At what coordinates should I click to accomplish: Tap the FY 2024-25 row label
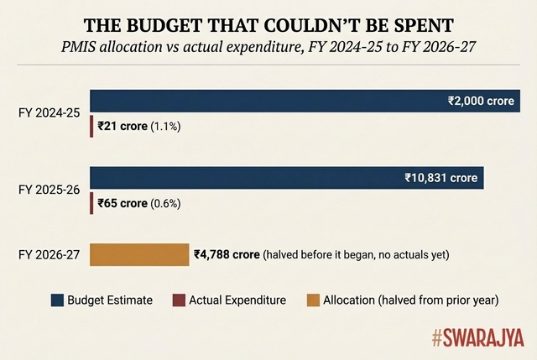(x=50, y=112)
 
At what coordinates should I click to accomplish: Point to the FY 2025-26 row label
(x=50, y=190)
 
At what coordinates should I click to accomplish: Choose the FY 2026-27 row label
(x=50, y=254)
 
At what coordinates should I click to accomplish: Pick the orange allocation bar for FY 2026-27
(x=139, y=254)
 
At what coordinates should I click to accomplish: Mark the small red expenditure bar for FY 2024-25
(x=91, y=127)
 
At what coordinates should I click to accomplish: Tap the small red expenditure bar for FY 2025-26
(x=91, y=204)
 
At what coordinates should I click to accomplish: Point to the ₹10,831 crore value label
(x=441, y=178)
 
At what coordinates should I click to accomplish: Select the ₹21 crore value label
(x=122, y=127)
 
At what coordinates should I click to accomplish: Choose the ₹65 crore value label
(x=122, y=204)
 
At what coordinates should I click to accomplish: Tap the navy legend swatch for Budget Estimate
(x=57, y=300)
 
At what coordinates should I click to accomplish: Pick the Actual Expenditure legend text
(x=237, y=300)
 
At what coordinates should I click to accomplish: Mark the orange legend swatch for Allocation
(x=313, y=300)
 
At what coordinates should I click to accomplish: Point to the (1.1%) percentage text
(x=165, y=127)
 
